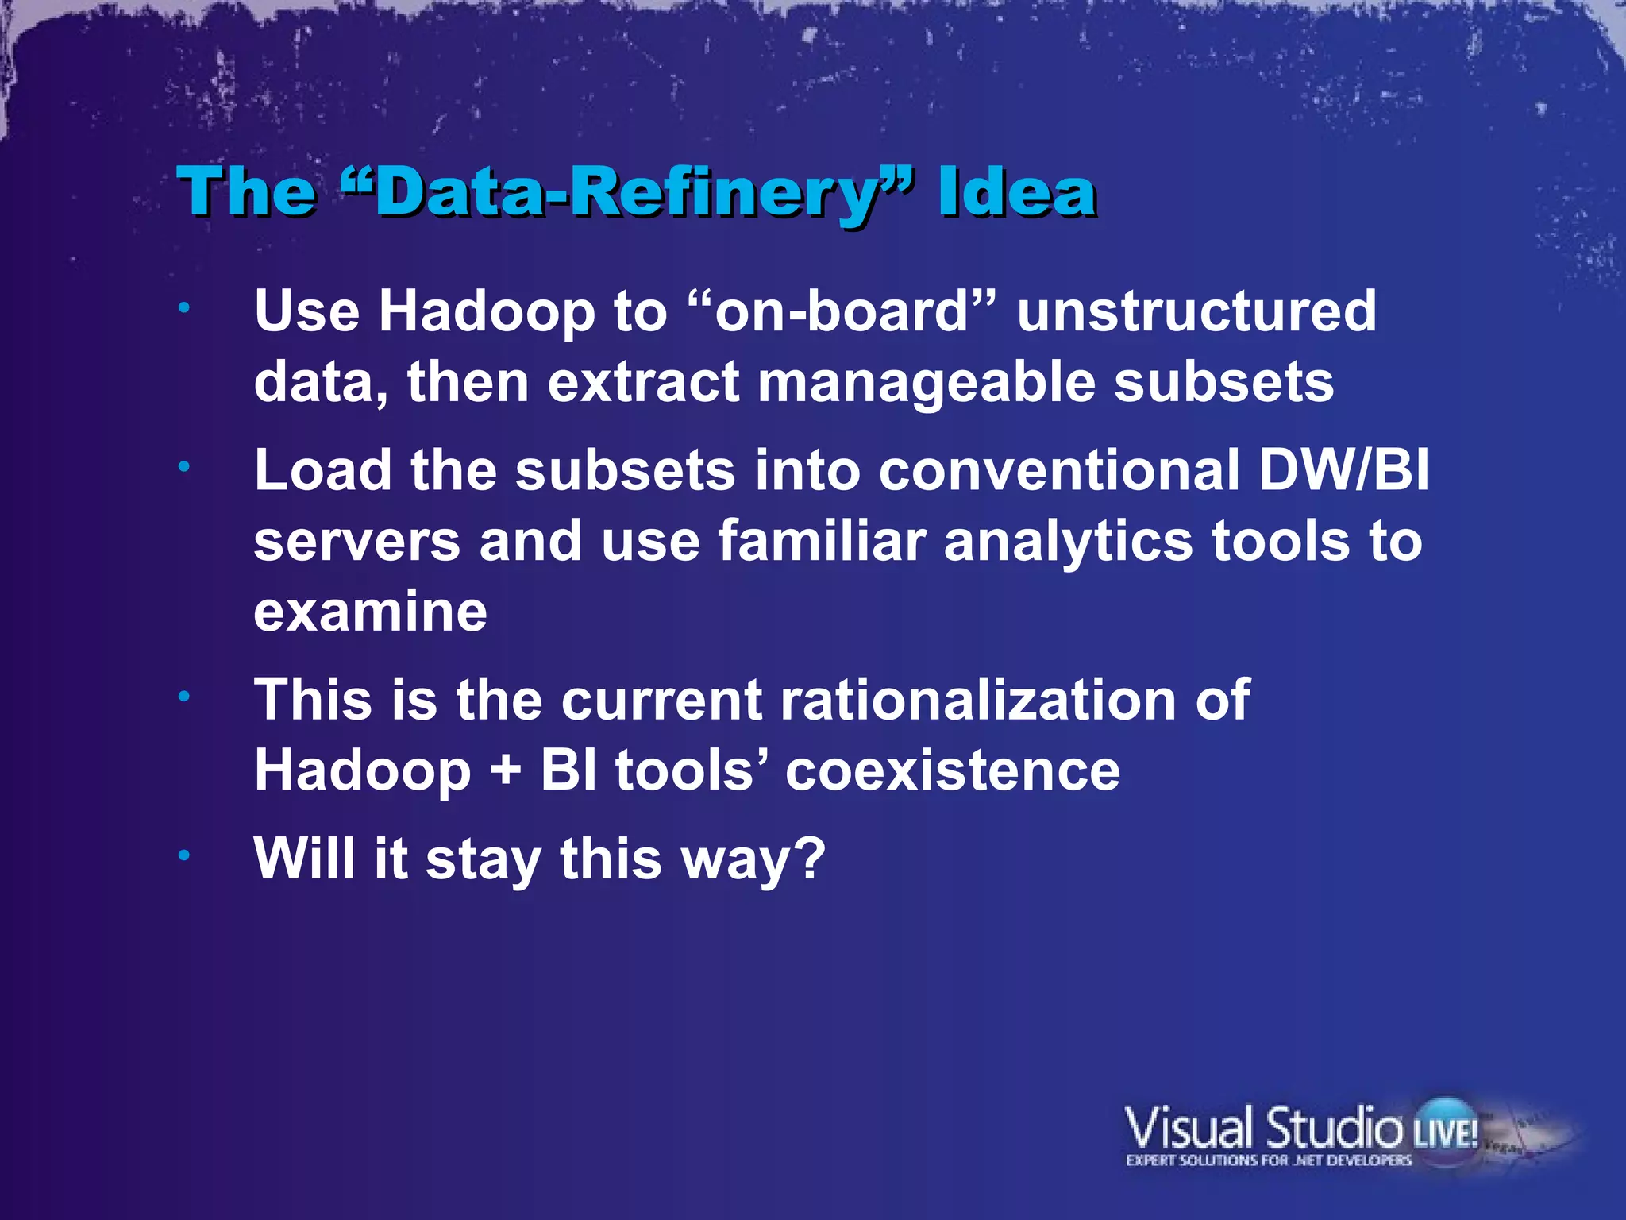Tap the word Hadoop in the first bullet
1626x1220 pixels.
pyautogui.click(x=486, y=311)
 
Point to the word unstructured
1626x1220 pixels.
pyautogui.click(x=1196, y=311)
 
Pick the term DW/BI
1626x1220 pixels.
pyautogui.click(x=1343, y=470)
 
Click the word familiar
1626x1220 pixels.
pyautogui.click(x=822, y=542)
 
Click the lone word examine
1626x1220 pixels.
pyautogui.click(x=370, y=612)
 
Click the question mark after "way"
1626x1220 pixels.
pyautogui.click(x=811, y=859)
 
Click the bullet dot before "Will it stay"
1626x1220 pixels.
pyautogui.click(x=184, y=856)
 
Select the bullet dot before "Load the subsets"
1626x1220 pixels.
pyautogui.click(x=184, y=467)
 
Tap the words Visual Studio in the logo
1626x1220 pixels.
pyautogui.click(x=1262, y=1128)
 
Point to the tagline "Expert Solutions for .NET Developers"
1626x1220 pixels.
pyautogui.click(x=1268, y=1161)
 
